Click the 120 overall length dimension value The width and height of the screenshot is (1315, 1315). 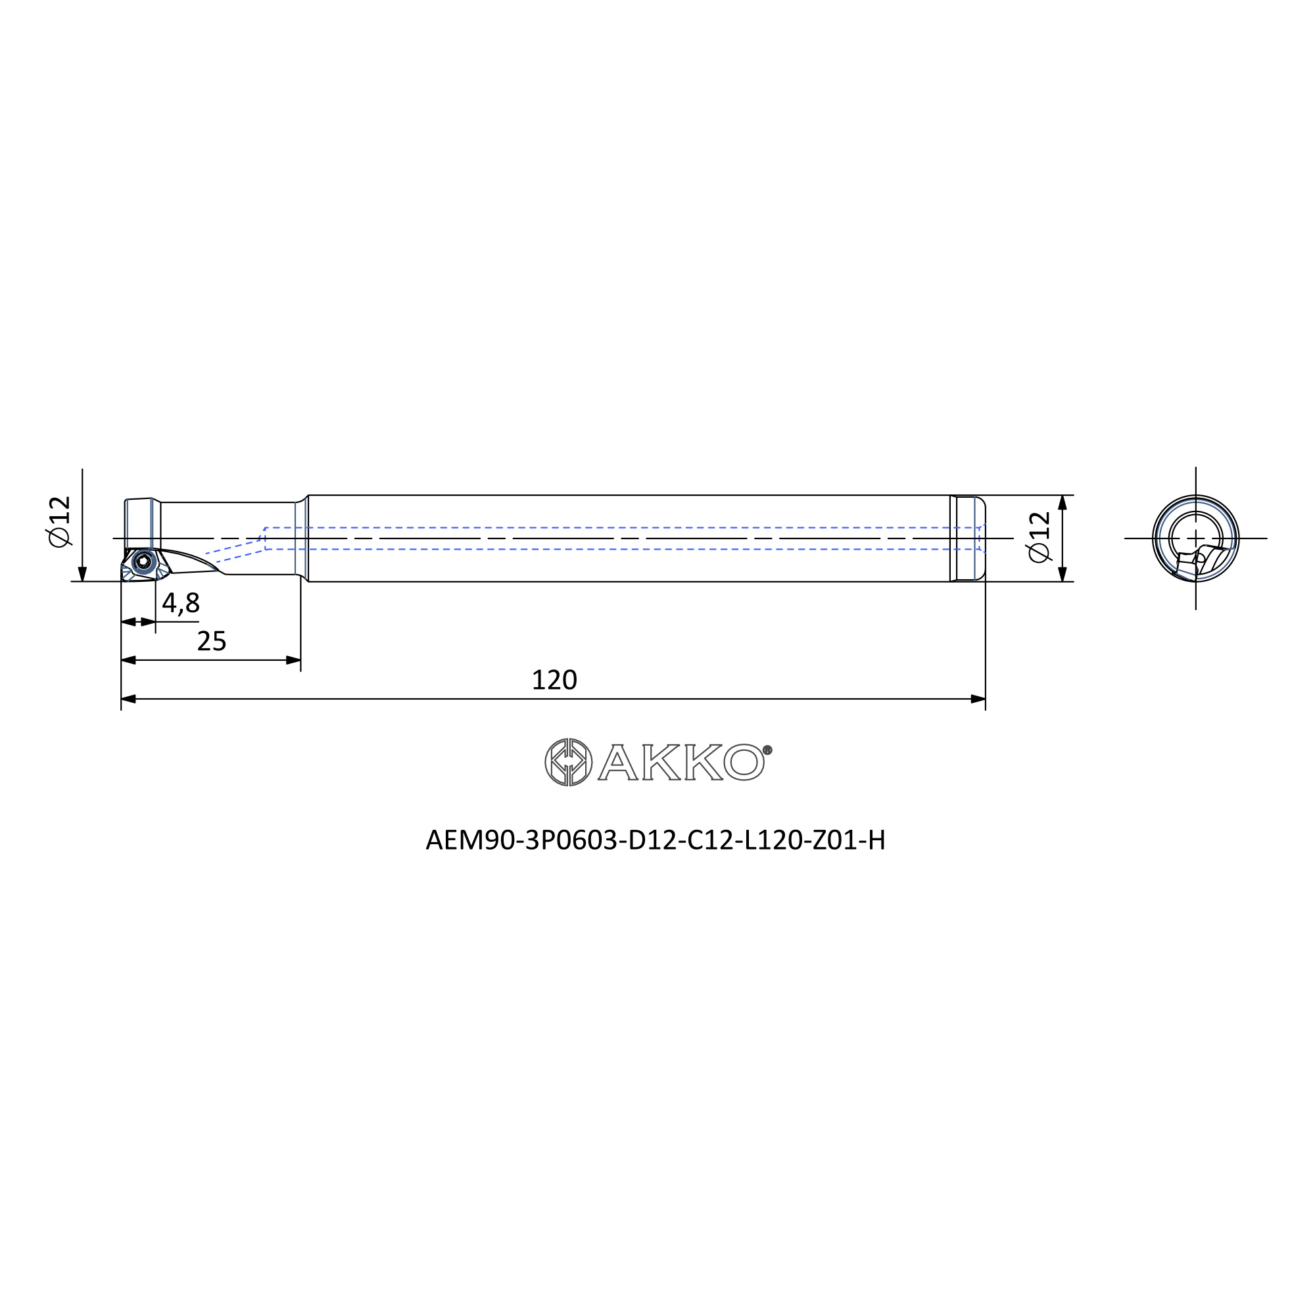pos(554,680)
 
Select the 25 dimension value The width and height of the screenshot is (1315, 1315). pos(212,641)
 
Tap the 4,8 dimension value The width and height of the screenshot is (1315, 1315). pos(181,603)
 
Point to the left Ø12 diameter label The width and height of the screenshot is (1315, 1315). pos(60,521)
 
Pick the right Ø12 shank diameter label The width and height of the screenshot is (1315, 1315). pos(1040,538)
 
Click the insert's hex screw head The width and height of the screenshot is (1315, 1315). pos(143,562)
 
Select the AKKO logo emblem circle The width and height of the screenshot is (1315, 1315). pos(568,761)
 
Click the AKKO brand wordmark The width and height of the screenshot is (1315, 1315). pos(681,762)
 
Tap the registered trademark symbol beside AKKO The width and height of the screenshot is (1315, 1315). pos(768,750)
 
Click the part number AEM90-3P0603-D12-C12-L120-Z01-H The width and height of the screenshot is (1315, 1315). pos(656,840)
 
